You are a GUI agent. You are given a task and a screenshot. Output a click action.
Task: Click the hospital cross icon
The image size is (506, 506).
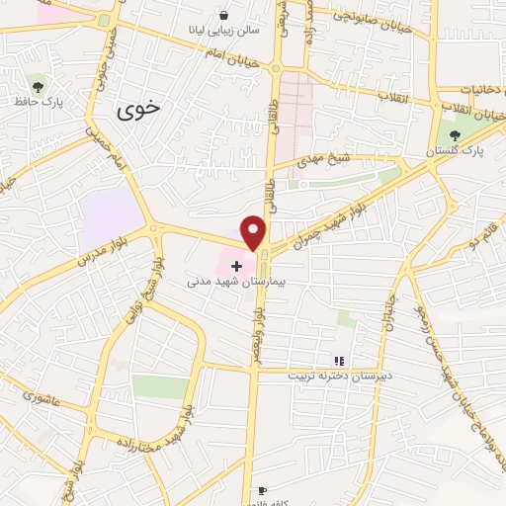pos(236,265)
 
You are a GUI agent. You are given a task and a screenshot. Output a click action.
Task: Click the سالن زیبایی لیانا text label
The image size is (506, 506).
pos(225,31)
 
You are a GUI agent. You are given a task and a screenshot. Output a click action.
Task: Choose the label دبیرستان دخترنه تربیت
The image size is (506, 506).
pos(339,377)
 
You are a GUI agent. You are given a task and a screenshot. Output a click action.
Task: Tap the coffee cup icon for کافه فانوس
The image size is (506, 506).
pos(262,490)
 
